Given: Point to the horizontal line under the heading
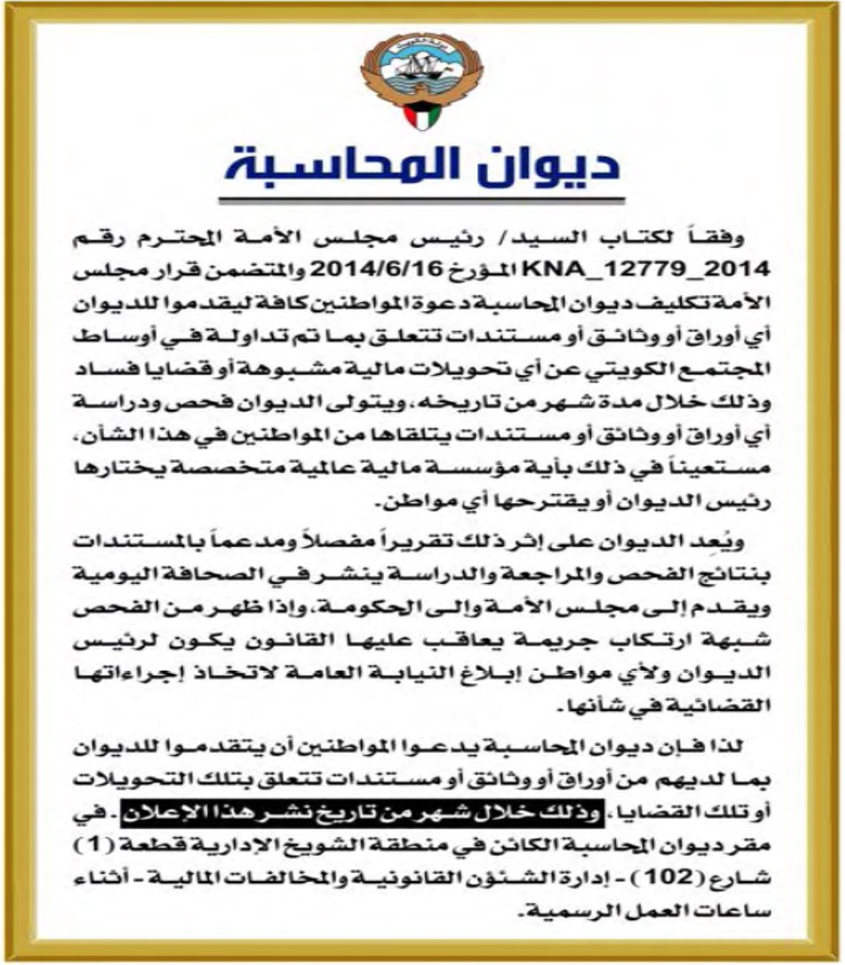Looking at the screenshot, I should tap(422, 200).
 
